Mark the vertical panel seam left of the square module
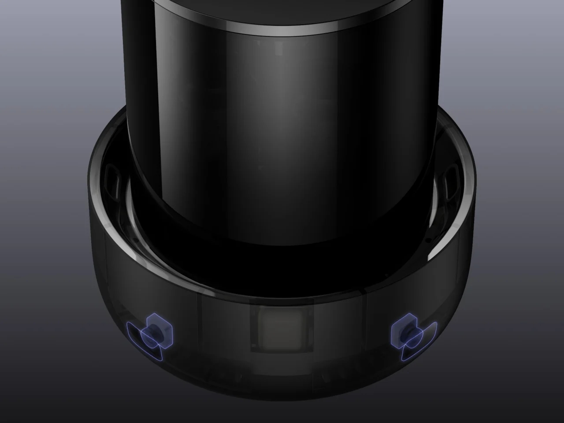coord(200,326)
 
